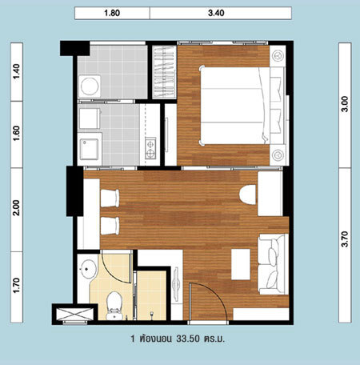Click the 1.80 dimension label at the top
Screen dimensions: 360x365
[112, 13]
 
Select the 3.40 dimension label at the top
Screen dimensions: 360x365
[216, 13]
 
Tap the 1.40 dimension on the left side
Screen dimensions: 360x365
[17, 71]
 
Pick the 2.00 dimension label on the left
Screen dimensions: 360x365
[17, 208]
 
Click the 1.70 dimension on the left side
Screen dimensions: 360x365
[17, 286]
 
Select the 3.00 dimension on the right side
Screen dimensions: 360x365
[345, 104]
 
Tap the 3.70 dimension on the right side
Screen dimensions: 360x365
[345, 239]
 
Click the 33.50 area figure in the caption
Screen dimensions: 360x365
[188, 339]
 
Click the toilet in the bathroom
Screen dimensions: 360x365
[114, 306]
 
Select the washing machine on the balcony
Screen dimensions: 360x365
[90, 86]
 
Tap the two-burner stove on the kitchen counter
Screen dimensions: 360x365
[150, 148]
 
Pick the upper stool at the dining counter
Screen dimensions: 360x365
[110, 199]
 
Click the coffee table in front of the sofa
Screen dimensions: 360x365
[241, 264]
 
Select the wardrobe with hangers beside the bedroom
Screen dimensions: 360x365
[164, 72]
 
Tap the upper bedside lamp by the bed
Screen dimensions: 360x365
[278, 56]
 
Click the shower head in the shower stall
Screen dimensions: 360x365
[151, 314]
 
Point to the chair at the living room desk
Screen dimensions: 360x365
[248, 195]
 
